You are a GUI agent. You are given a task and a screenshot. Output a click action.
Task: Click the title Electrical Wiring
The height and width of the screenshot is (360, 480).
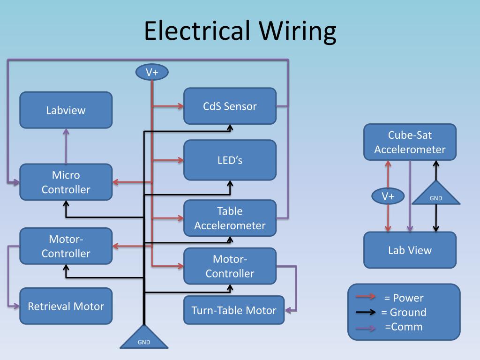coord(240,31)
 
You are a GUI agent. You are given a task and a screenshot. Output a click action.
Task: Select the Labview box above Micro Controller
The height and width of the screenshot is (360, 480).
coord(66,110)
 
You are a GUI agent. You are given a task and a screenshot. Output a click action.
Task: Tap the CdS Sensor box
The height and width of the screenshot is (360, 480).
coord(230,106)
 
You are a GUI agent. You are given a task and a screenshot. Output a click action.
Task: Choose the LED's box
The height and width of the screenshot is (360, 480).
coord(230,160)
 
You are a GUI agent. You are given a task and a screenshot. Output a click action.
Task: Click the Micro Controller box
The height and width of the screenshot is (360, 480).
coord(66,182)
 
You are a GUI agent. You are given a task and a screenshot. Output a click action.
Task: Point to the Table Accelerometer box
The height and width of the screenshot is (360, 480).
coord(230,218)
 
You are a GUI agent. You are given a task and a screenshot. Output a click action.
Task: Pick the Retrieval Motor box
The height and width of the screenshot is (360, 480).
coord(66,306)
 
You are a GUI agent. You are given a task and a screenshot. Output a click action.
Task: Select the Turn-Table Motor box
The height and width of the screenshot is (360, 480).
coord(234,310)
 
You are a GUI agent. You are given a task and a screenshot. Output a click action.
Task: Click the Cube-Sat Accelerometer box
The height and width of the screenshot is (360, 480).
coord(410,142)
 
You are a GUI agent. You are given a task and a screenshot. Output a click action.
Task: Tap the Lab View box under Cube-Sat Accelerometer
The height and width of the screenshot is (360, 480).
coord(410,250)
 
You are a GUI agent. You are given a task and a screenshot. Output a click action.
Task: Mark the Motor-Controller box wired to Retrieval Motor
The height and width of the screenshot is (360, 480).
coord(66,246)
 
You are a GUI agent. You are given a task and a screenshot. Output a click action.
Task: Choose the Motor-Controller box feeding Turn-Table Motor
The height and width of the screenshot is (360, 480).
coord(230,266)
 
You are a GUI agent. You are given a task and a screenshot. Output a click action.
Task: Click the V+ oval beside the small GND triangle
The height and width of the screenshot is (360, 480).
coord(388,196)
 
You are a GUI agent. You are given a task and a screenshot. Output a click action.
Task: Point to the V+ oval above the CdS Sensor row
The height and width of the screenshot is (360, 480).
coord(151,72)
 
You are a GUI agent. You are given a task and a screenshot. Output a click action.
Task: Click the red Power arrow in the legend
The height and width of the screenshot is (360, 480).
coord(366,296)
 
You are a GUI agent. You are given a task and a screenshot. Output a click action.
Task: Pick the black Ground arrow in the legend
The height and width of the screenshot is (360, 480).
coord(366,312)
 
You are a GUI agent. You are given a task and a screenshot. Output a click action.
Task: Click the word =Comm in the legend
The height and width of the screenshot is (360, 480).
coord(404,327)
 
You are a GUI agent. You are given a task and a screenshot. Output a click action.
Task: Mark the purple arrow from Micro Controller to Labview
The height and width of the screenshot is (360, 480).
coord(66,146)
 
